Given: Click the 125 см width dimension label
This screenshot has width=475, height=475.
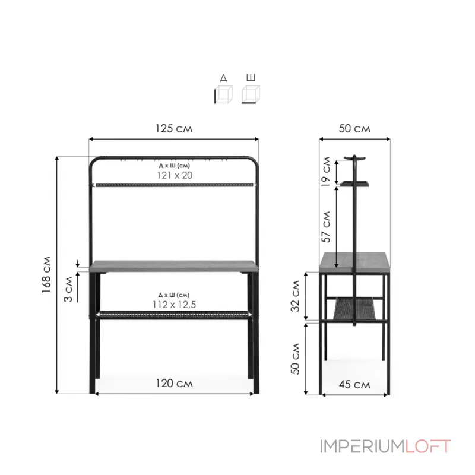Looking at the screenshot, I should click(x=174, y=128).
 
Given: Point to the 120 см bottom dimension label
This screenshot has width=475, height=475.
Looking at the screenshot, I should click(x=174, y=384).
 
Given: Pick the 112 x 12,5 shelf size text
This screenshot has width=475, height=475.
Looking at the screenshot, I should click(x=174, y=304).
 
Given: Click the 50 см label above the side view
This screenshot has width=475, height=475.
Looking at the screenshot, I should click(x=354, y=128).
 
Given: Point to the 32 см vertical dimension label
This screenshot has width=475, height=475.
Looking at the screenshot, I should click(x=295, y=297).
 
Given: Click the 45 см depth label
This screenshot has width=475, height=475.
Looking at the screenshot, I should click(x=354, y=384).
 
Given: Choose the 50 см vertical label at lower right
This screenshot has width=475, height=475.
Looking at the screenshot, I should click(x=295, y=358).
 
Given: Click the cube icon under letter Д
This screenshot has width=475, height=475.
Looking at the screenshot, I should click(x=223, y=94).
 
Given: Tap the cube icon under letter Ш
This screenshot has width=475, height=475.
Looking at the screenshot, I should click(x=251, y=94).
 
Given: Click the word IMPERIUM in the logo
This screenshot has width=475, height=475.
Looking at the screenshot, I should click(x=362, y=446).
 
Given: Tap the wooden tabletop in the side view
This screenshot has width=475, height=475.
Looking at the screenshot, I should click(x=354, y=262).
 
